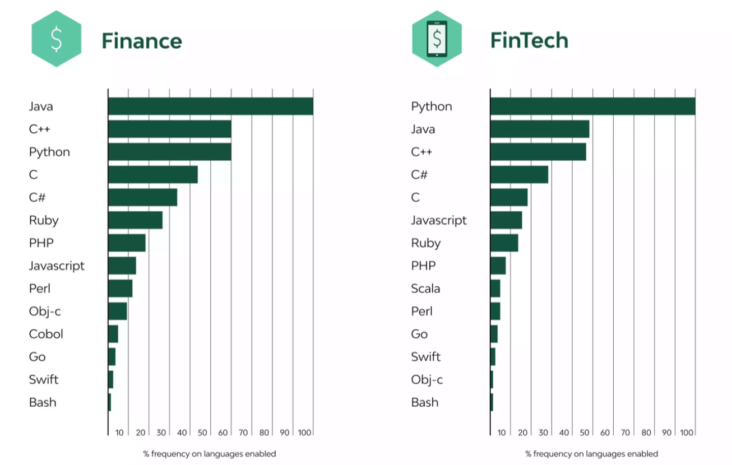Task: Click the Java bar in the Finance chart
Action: pyautogui.click(x=210, y=106)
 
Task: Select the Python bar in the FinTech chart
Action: pyautogui.click(x=592, y=106)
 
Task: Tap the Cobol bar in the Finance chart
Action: pyautogui.click(x=113, y=334)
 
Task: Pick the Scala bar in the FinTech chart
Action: pyautogui.click(x=495, y=289)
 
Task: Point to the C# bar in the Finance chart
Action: pyautogui.click(x=142, y=197)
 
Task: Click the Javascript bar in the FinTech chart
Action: pyautogui.click(x=506, y=220)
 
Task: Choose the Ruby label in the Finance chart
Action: pyautogui.click(x=44, y=220)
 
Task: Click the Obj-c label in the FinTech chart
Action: pyautogui.click(x=427, y=380)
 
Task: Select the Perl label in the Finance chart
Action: pyautogui.click(x=40, y=289)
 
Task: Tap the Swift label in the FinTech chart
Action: pyautogui.click(x=426, y=357)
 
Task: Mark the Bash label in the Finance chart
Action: pyautogui.click(x=43, y=402)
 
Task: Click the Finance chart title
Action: pyautogui.click(x=141, y=41)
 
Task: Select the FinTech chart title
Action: pyautogui.click(x=529, y=40)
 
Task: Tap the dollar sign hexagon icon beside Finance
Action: pyautogui.click(x=56, y=39)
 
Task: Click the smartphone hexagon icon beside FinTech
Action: pyautogui.click(x=437, y=39)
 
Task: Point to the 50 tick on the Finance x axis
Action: pyautogui.click(x=202, y=433)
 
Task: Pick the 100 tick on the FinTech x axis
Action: pyautogui.click(x=687, y=433)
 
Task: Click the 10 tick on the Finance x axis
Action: pyautogui.click(x=119, y=433)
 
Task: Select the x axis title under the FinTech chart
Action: pyautogui.click(x=591, y=454)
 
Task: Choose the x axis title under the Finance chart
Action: pyautogui.click(x=210, y=454)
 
